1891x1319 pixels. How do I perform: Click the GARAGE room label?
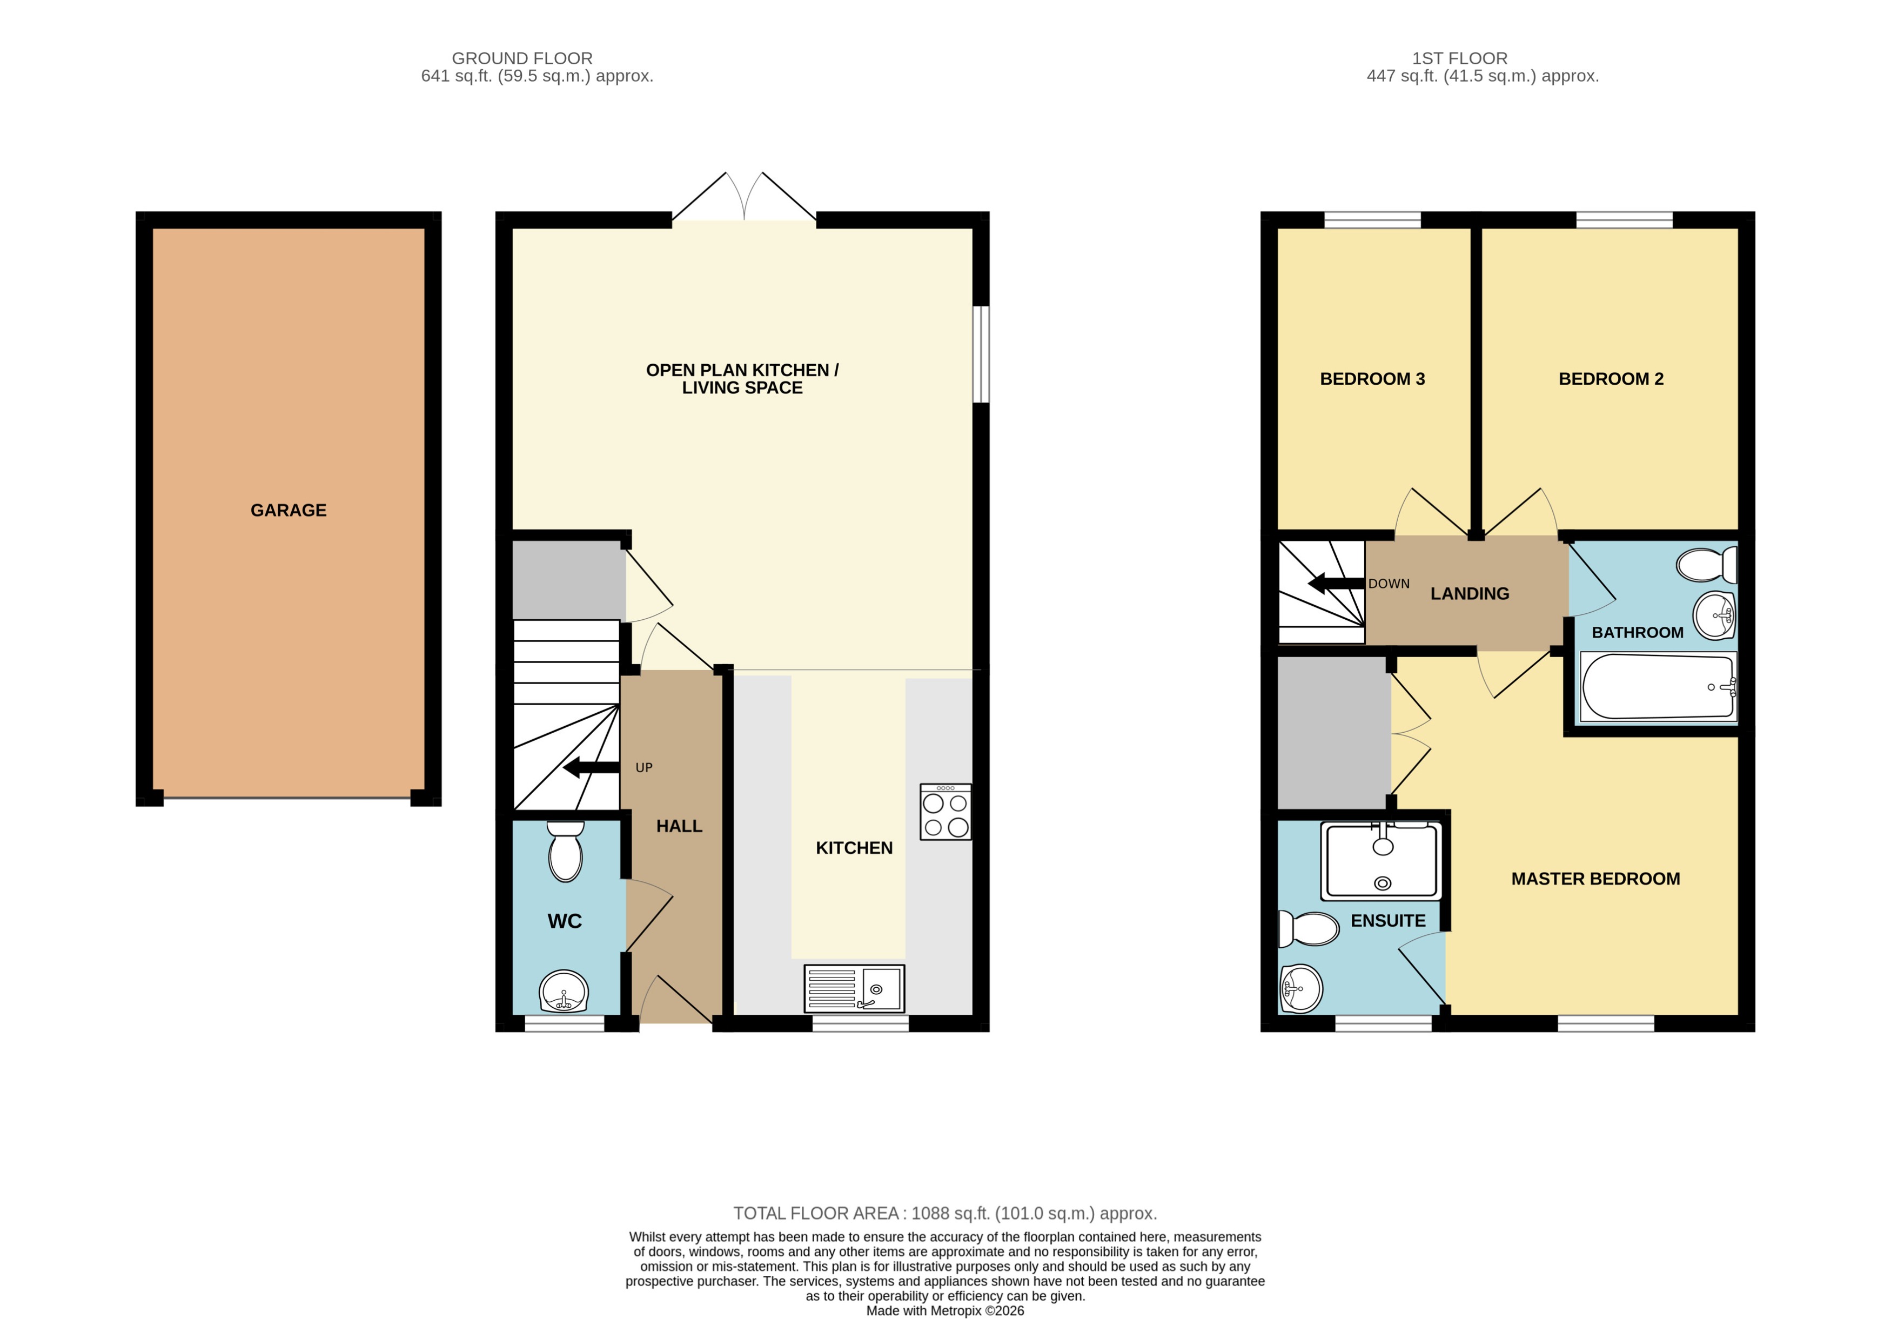(x=289, y=510)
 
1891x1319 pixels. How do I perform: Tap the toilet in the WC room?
(x=565, y=852)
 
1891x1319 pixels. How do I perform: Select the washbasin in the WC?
(x=564, y=991)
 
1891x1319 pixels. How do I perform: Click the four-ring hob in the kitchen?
(x=945, y=812)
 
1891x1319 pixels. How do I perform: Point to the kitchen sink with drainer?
(x=854, y=988)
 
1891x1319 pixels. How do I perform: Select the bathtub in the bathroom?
(x=1658, y=686)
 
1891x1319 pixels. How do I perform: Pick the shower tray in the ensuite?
(x=1381, y=861)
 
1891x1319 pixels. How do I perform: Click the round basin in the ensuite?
(x=1302, y=988)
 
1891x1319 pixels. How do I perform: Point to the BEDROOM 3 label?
(x=1372, y=379)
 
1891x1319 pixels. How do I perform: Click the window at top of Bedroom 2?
(x=1624, y=219)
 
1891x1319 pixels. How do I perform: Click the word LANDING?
(x=1470, y=594)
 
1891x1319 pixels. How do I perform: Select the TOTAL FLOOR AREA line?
(x=944, y=1213)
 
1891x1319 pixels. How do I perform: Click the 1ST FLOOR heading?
(x=1459, y=58)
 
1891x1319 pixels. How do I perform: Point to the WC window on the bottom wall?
(x=564, y=1023)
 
